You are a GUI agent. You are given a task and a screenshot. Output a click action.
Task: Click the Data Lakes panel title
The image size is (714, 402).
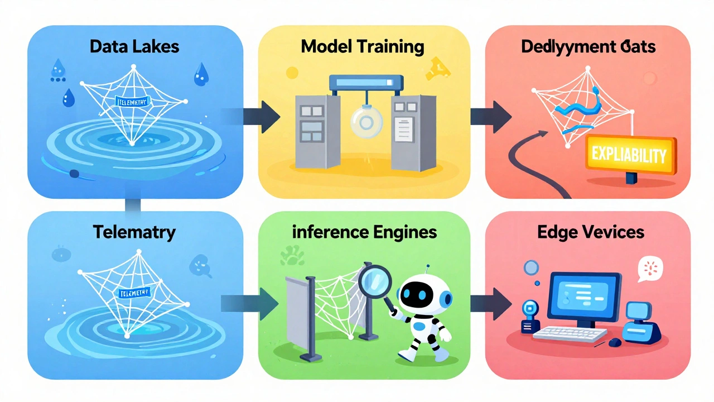134,46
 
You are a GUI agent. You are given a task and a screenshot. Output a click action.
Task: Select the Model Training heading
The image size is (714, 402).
362,46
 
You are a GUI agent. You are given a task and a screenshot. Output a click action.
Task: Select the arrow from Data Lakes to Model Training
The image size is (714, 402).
262,116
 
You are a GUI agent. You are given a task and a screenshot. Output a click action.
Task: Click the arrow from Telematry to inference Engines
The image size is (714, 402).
262,303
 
